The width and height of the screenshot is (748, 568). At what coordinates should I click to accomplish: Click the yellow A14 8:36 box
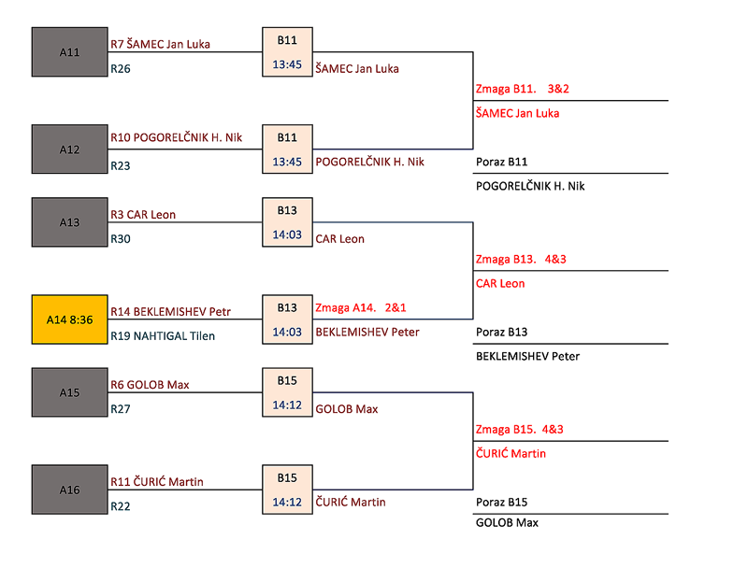click(x=69, y=319)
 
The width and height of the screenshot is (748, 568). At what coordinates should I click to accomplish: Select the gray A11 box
click(x=69, y=52)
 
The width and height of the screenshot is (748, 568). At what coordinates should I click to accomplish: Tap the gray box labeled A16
click(x=69, y=490)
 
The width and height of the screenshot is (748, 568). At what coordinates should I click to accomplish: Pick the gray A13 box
click(x=69, y=222)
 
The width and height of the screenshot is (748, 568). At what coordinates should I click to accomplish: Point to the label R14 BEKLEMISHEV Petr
click(x=170, y=311)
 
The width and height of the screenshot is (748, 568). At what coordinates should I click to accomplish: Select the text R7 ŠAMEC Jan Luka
click(x=160, y=44)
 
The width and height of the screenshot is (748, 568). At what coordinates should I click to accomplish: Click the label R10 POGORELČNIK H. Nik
click(x=176, y=137)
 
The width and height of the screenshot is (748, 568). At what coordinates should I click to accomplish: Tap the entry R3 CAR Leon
click(x=143, y=214)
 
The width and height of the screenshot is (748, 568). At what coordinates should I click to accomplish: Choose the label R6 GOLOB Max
click(x=150, y=385)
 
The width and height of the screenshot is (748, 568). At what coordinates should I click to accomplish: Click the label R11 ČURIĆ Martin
click(x=157, y=482)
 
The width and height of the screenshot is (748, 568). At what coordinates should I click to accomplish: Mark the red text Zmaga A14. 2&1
click(x=360, y=307)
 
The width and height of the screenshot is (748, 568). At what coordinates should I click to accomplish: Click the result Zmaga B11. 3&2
click(x=523, y=90)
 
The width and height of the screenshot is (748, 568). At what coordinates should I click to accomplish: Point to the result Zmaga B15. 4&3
click(x=520, y=430)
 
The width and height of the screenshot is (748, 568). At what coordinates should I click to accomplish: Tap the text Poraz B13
click(x=502, y=332)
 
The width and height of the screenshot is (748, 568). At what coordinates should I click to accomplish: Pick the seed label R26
click(x=121, y=68)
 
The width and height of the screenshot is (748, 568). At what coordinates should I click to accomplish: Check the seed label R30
click(x=121, y=239)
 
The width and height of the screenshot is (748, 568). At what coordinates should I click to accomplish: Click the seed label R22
click(x=121, y=506)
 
